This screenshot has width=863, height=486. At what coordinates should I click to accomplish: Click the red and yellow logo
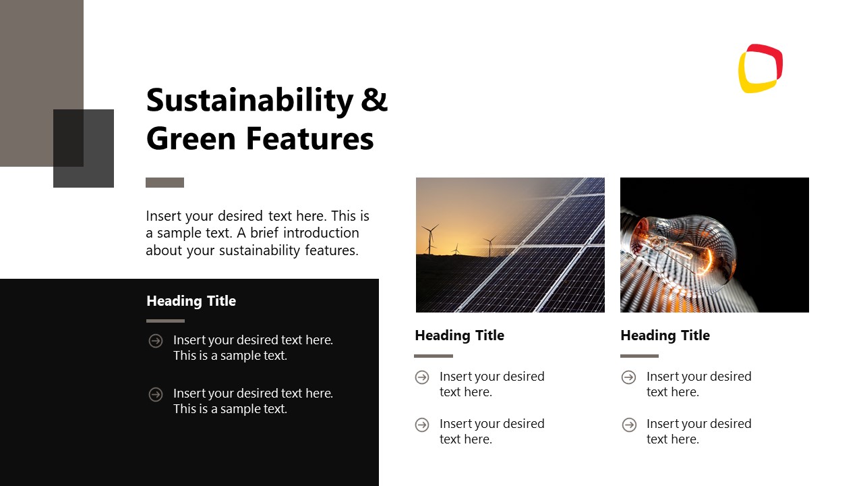[x=761, y=68]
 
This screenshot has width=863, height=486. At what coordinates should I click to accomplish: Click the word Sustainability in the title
[x=249, y=100]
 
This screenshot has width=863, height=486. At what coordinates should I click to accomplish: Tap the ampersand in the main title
[x=375, y=100]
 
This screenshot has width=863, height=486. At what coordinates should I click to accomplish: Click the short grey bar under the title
[x=165, y=182]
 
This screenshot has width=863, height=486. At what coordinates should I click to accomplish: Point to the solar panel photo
[x=510, y=245]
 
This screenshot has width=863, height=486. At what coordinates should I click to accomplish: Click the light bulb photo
[x=714, y=245]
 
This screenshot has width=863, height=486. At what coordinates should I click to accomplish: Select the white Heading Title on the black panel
[x=191, y=301]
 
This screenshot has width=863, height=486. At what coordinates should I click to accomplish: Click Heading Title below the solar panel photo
[x=459, y=335]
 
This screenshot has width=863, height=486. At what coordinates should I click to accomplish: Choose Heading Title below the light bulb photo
[x=665, y=335]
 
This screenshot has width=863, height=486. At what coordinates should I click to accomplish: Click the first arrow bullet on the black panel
[x=156, y=341]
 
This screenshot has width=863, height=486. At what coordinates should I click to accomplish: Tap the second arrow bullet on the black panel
[x=156, y=394]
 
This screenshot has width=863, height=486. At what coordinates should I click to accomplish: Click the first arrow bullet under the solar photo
[x=422, y=377]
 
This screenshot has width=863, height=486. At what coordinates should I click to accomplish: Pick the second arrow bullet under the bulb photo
[x=629, y=425]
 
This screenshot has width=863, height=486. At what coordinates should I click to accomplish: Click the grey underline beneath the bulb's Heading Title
[x=639, y=356]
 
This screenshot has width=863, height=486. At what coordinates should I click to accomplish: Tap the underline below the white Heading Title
[x=165, y=321]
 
